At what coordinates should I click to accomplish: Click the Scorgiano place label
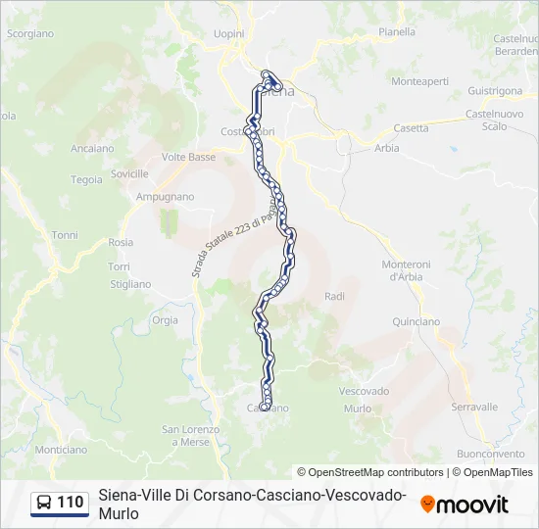coord(30,33)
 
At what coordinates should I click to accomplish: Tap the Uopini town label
coord(228,33)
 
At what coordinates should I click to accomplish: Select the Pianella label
coord(397,31)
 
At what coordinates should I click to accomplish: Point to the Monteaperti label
coord(419,82)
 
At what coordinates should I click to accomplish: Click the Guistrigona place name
coord(495,90)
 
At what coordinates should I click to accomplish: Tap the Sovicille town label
coord(129,173)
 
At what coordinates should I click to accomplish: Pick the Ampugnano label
coord(165,197)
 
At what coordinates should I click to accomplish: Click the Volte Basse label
coord(188,157)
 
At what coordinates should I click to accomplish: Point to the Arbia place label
coord(387,149)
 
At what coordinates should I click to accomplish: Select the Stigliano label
coord(130,284)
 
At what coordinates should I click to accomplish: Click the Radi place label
coord(334,296)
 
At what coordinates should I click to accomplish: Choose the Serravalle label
coord(475,407)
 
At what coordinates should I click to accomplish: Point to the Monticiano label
coord(61,449)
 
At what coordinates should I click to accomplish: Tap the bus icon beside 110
coord(45,504)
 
